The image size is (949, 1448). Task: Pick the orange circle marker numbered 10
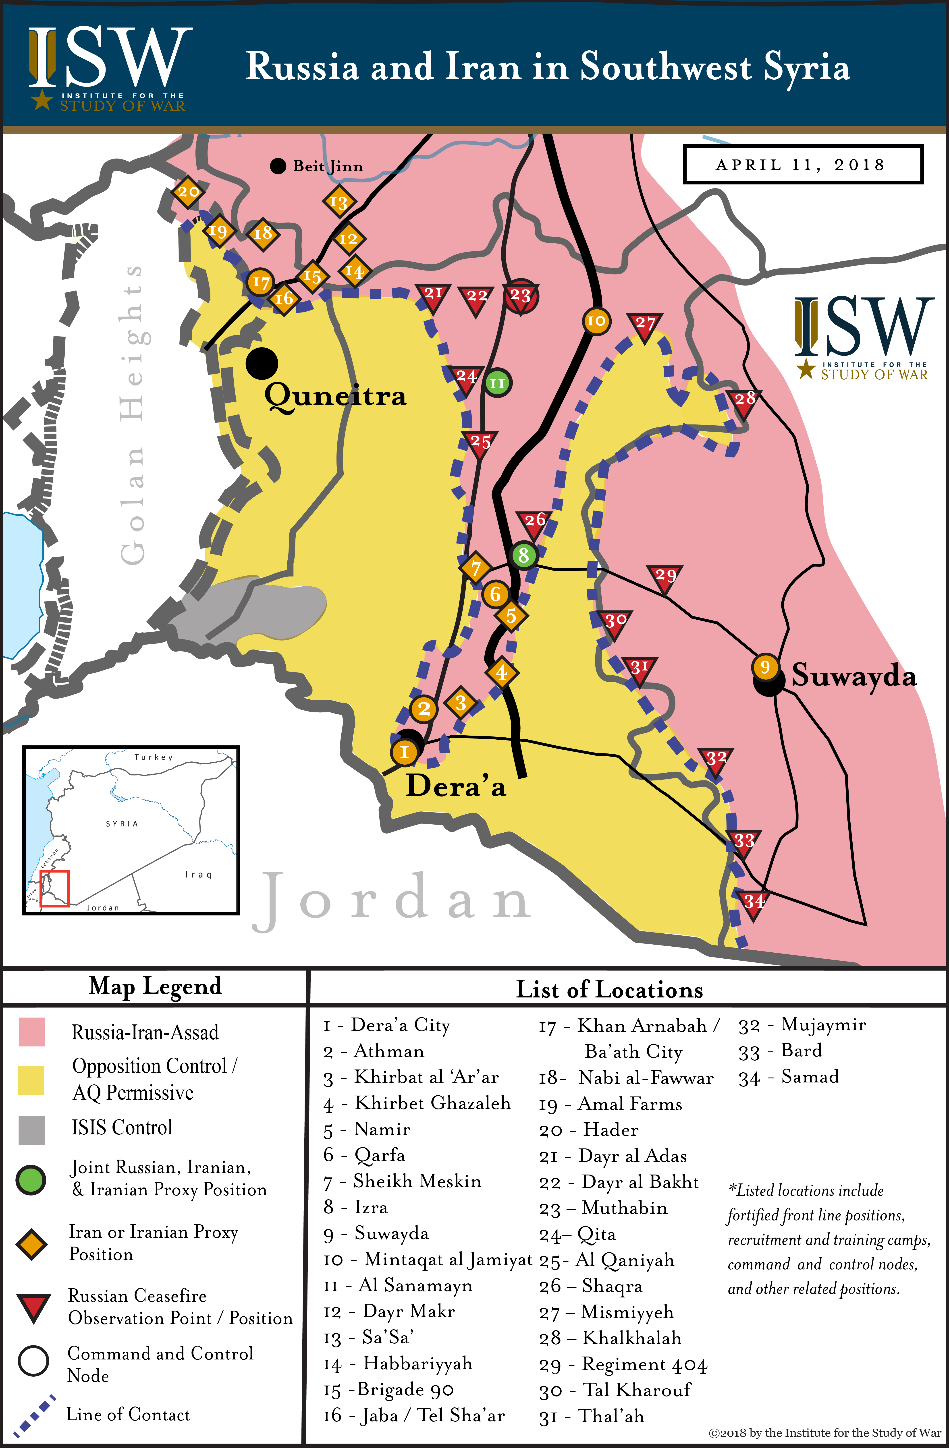point(596,321)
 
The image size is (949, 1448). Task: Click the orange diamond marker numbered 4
point(501,672)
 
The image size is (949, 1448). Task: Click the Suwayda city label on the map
point(853,676)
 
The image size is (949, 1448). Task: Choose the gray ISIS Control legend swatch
point(32,1130)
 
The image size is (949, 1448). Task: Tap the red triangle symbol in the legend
point(33,1307)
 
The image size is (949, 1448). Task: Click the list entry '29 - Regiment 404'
point(623,1365)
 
